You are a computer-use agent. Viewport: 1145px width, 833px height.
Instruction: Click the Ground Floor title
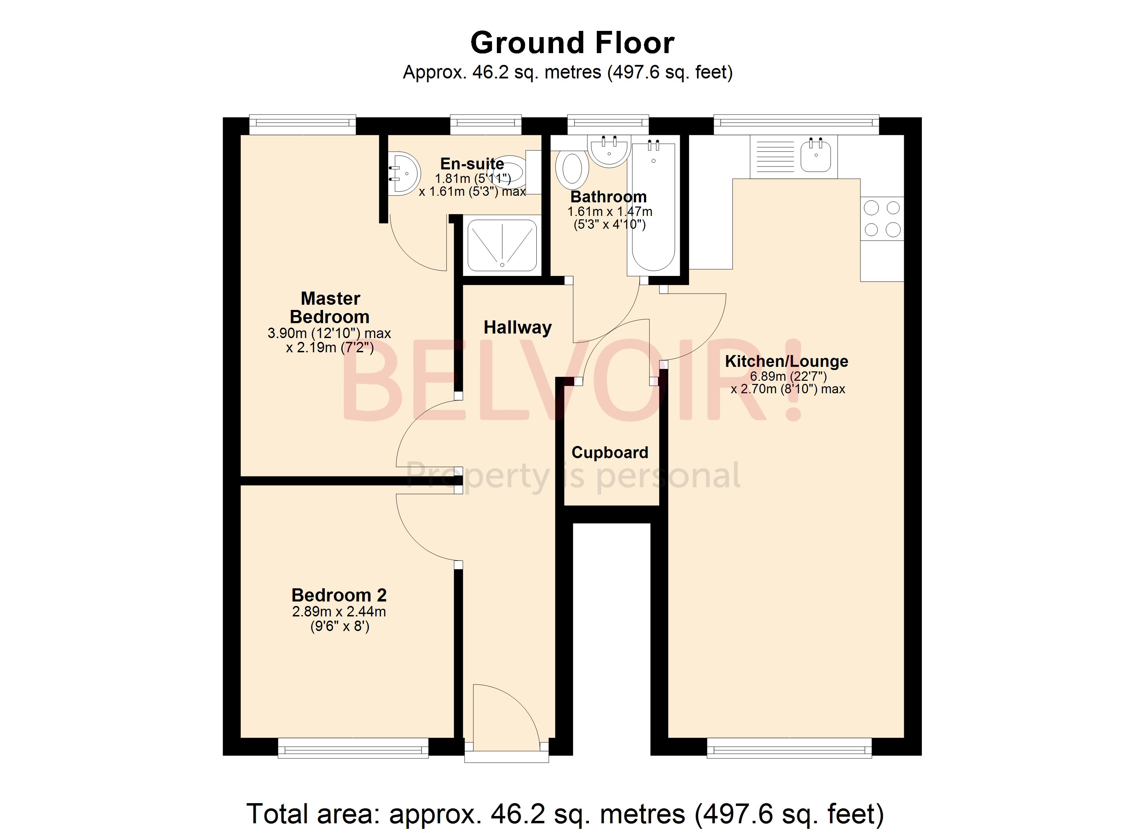coord(572,43)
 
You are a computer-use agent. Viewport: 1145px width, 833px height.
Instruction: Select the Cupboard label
coord(609,453)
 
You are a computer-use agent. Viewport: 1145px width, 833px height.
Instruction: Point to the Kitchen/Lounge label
coord(786,361)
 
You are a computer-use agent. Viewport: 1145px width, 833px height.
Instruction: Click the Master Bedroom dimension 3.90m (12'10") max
coord(329,334)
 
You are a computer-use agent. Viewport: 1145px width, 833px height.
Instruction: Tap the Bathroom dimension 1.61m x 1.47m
coord(609,212)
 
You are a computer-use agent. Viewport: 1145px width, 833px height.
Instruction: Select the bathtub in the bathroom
coord(653,207)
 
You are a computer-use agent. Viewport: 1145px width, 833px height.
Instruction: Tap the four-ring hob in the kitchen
coord(882,219)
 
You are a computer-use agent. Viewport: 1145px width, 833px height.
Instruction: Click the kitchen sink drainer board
coord(775,157)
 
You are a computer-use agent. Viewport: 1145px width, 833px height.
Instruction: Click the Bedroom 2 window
coord(353,748)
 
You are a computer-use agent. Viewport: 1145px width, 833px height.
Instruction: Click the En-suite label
coord(472,164)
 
